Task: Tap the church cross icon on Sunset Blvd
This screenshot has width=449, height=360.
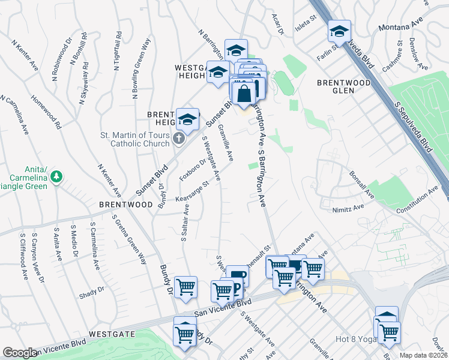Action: [x=178, y=139]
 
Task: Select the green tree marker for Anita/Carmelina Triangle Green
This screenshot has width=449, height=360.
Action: [x=56, y=177]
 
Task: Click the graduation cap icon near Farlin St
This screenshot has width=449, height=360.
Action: [x=340, y=32]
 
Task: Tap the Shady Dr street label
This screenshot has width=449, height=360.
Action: [x=91, y=293]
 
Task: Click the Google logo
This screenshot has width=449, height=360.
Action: [x=20, y=353]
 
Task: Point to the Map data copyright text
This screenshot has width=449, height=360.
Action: [x=424, y=355]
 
